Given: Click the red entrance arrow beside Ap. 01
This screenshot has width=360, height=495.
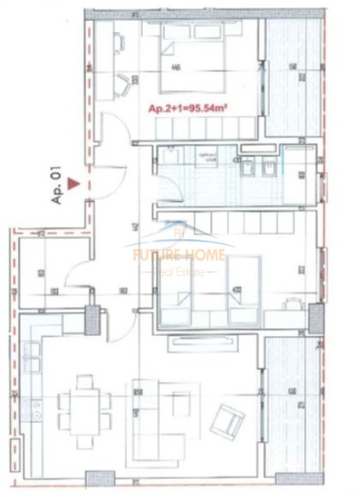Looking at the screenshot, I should point(75,181).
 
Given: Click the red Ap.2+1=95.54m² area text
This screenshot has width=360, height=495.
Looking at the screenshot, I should point(188,109).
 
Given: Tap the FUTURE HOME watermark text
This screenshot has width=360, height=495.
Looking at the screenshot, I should point(179,255).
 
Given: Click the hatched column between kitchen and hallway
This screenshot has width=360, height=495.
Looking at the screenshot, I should point(92,320).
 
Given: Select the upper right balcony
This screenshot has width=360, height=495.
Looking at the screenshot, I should point(292,77).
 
